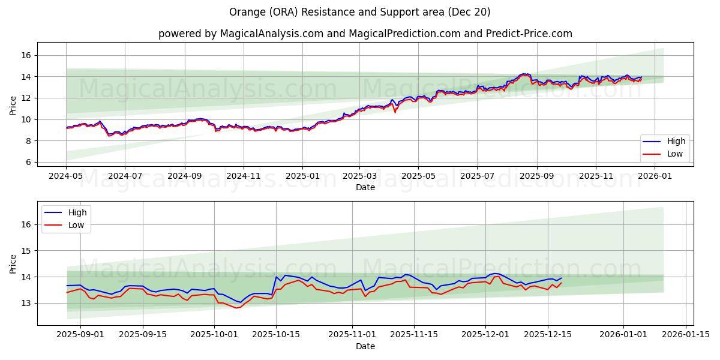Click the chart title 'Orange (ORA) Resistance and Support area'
[359, 12]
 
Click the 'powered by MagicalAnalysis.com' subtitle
[365, 34]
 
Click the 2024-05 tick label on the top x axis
[66, 177]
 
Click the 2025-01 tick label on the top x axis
[302, 177]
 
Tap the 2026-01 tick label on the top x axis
[655, 177]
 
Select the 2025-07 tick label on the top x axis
[477, 177]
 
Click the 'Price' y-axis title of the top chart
[13, 106]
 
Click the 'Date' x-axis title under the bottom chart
[365, 346]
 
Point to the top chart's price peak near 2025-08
[524, 74]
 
